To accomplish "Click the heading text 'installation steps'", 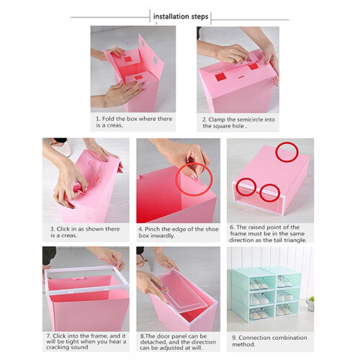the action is pos(181,17).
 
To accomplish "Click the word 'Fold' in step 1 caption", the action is pos(108,119).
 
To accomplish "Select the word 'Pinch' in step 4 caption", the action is pos(152,229).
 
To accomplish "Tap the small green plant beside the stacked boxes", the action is pos(310,303).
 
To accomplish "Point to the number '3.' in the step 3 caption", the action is pos(53,229).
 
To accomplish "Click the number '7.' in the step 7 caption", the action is pos(49,336).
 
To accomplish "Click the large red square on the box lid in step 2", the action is pos(220,77).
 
